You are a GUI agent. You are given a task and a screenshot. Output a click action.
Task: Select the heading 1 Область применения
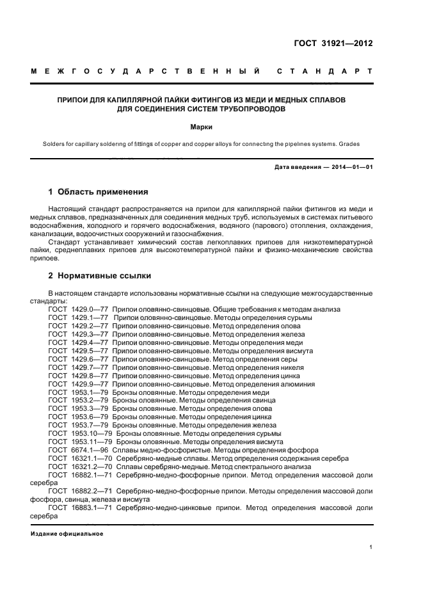tap(99, 191)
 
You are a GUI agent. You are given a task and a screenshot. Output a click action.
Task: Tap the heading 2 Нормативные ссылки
tap(100, 276)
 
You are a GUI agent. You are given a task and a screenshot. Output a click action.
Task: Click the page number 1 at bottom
tap(371, 547)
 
